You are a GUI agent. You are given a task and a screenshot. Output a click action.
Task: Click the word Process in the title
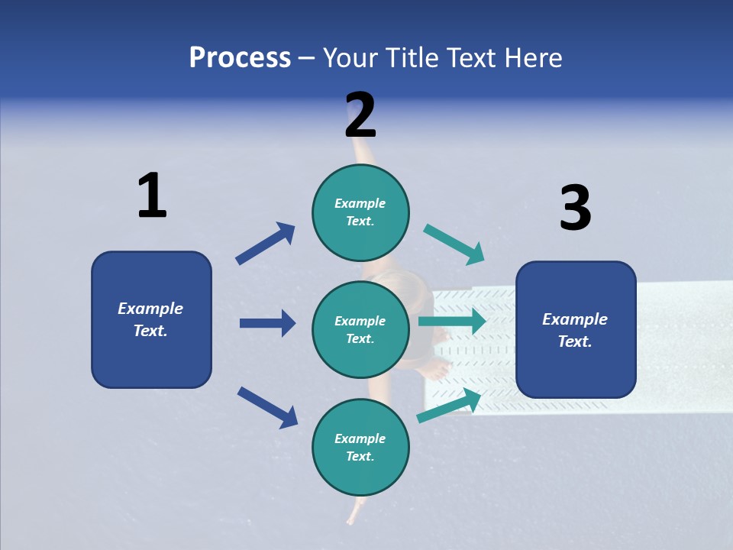click(240, 58)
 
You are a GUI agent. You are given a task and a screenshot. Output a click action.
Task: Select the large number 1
click(152, 196)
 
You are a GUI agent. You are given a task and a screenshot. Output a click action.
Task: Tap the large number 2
click(360, 115)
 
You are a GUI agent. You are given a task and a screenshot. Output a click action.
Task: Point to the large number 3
click(576, 209)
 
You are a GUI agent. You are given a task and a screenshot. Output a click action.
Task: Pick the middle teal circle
click(360, 330)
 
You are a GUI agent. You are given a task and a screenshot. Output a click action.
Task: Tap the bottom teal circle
click(360, 448)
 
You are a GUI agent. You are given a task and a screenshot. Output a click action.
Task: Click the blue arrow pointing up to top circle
click(265, 244)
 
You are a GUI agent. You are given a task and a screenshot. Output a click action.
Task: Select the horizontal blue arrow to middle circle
click(267, 323)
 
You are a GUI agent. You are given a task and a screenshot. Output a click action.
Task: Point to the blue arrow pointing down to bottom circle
click(267, 406)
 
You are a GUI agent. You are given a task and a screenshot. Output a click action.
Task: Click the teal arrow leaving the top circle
click(454, 244)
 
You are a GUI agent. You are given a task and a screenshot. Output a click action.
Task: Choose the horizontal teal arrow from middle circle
click(452, 321)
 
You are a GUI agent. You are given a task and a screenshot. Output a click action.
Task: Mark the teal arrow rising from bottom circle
click(449, 406)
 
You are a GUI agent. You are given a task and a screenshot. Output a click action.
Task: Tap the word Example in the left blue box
click(150, 309)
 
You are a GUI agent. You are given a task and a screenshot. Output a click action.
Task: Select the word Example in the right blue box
click(575, 319)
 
